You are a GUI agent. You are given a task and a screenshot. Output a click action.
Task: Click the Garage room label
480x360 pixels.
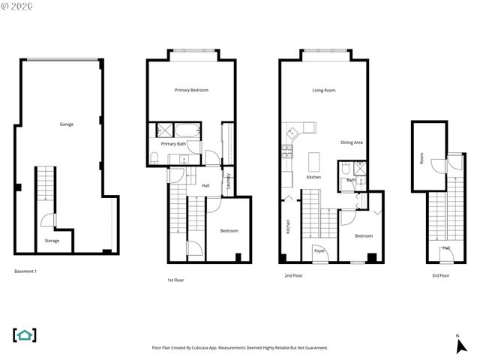67,124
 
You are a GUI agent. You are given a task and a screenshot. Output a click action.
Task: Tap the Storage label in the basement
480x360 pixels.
52,241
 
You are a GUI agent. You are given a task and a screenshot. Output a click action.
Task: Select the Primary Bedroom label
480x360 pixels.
191,90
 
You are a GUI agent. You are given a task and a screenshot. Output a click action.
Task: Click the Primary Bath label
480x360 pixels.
173,143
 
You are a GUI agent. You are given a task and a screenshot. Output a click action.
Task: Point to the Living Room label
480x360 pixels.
323,90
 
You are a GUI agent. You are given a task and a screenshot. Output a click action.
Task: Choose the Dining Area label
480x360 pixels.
352,142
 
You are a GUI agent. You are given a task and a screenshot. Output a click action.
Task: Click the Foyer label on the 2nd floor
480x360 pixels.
319,251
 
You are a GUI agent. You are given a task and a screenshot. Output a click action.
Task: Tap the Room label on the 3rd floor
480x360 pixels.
422,159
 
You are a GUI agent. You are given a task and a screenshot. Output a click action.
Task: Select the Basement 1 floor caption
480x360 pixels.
25,270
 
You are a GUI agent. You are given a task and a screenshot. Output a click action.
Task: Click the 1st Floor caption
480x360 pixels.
175,280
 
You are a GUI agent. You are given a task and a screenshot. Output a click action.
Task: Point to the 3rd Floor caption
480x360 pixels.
439,275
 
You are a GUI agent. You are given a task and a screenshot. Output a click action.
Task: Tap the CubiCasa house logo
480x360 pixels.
25,334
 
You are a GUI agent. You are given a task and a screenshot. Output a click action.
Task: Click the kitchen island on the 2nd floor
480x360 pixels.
313,161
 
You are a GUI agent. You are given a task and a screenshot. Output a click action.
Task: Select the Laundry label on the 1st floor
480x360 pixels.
229,181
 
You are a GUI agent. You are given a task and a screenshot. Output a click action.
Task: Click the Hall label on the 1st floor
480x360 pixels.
205,185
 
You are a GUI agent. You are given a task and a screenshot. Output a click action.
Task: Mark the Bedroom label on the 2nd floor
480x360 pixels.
364,236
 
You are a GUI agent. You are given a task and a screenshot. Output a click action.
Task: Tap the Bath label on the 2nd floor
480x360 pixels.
350,180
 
